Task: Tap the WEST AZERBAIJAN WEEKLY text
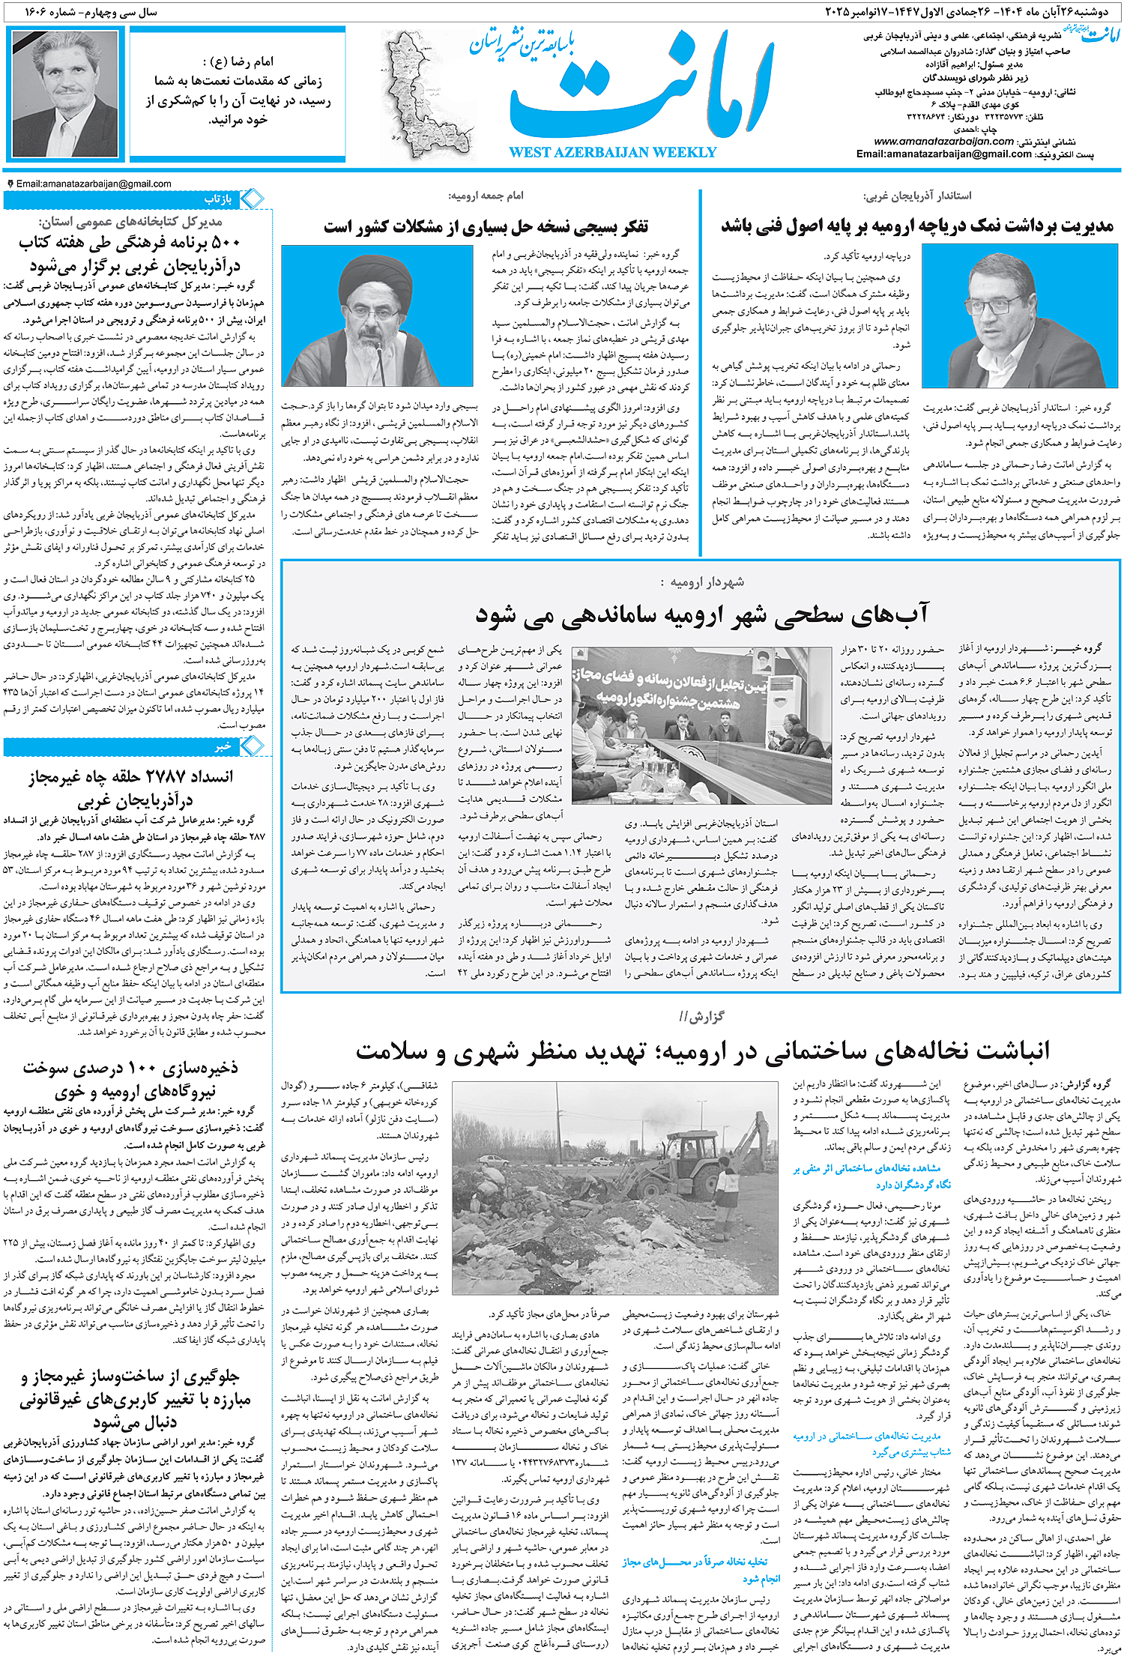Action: (612, 152)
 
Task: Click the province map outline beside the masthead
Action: (423, 94)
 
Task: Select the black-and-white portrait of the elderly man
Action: (67, 93)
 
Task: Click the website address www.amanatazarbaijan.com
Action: (943, 141)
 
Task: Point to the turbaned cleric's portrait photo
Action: (377, 316)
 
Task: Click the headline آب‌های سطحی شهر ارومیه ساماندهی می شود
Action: (701, 614)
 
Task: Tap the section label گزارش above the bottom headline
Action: (701, 1017)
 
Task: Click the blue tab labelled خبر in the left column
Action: (223, 746)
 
